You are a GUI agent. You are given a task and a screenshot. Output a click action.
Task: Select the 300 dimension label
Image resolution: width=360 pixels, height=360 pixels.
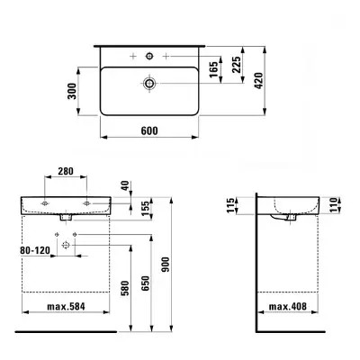point(83,90)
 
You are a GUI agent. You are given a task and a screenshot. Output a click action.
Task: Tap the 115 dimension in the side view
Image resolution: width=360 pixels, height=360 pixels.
point(232,207)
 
